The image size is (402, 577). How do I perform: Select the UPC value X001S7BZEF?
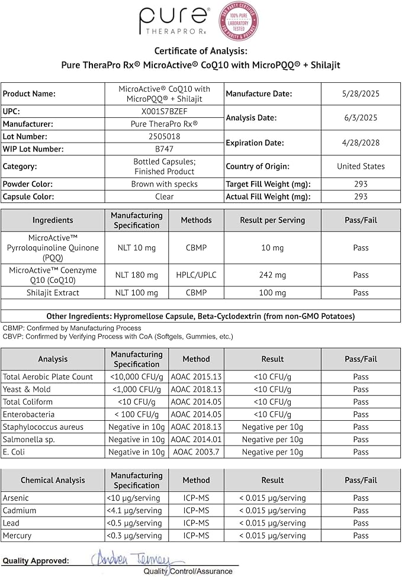(165, 111)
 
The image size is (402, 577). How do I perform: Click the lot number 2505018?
(165, 137)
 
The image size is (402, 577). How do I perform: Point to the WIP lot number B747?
(165, 149)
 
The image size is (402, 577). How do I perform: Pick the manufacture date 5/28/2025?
(361, 94)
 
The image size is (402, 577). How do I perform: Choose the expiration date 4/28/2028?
(361, 143)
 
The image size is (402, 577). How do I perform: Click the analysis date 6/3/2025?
(361, 118)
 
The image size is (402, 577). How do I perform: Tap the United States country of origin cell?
(361, 166)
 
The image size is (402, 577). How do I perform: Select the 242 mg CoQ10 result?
(272, 275)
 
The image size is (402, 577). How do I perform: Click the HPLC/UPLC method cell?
(196, 275)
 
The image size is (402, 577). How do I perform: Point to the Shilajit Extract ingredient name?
(53, 292)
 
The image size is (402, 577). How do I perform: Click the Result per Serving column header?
(272, 220)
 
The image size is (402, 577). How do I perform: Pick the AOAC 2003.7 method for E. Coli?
(196, 452)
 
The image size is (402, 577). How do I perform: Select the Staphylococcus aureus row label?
(43, 427)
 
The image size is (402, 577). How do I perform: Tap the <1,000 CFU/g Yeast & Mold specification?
(136, 389)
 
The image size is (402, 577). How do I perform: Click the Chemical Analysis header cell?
(53, 480)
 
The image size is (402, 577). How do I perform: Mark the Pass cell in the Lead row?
(361, 523)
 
